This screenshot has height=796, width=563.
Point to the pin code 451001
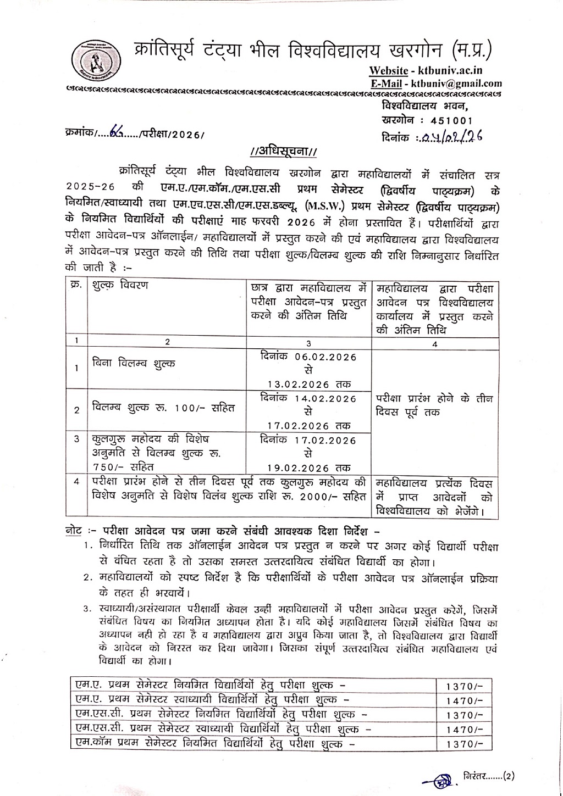point(451,120)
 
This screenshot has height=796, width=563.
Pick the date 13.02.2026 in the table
point(299,384)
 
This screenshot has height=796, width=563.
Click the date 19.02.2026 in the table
point(299,468)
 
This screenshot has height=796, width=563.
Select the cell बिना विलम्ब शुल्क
point(134,364)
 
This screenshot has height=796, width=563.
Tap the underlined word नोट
point(73,532)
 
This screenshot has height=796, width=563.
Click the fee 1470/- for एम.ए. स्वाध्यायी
point(465,702)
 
